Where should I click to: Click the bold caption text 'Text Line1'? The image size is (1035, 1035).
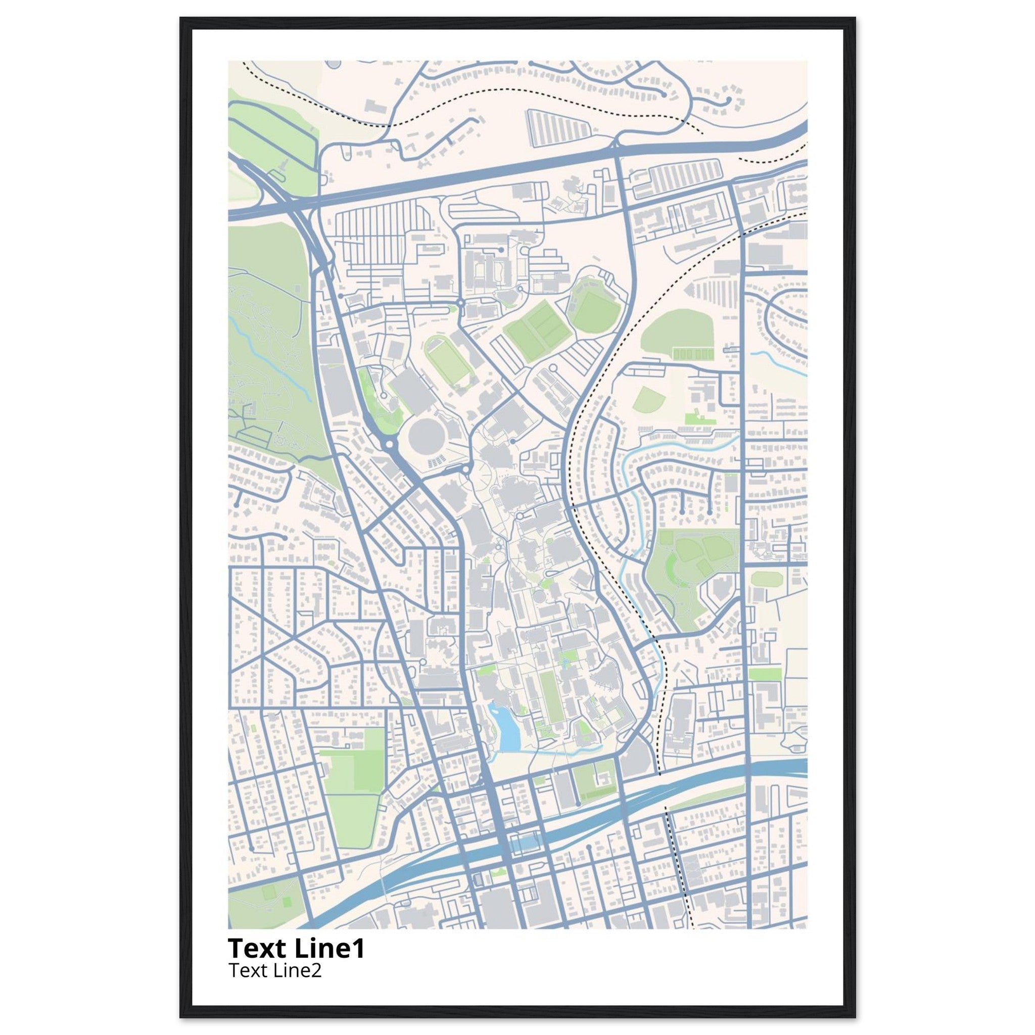click(x=296, y=948)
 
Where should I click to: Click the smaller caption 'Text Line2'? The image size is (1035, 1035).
click(x=275, y=970)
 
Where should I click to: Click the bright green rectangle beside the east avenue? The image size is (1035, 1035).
click(x=765, y=675)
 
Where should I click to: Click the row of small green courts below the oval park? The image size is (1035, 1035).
click(x=693, y=354)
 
